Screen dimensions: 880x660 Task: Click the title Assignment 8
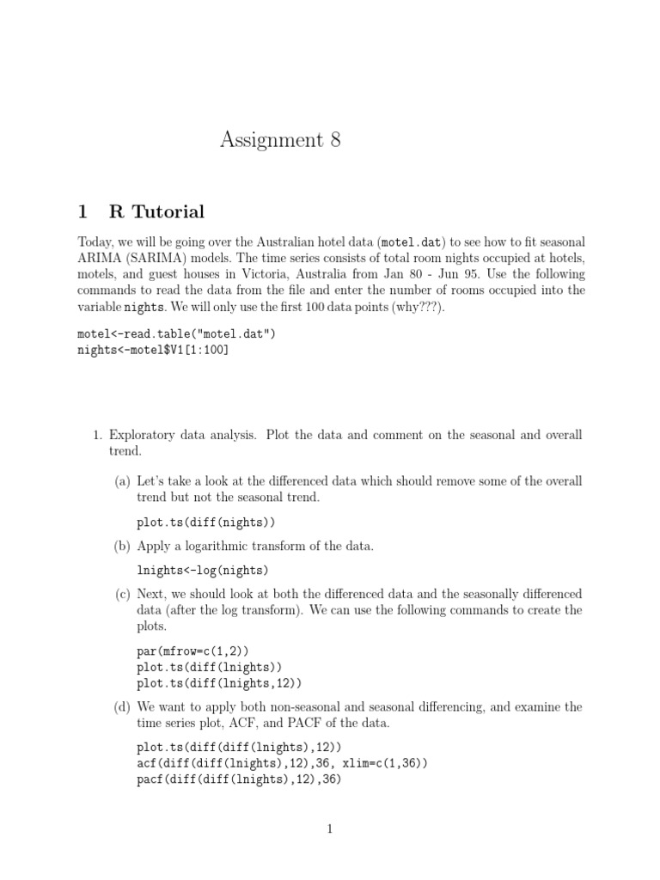[280, 140]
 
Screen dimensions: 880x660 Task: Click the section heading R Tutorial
[156, 211]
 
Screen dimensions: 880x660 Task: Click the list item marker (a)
[122, 481]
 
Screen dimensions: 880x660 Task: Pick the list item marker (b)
[122, 546]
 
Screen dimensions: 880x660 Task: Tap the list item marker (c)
[122, 594]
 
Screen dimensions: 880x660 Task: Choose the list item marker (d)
[122, 706]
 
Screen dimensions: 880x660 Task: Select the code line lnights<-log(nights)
[202, 570]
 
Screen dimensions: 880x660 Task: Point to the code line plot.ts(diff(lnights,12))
[219, 682]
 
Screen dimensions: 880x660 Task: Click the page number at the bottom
[329, 829]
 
